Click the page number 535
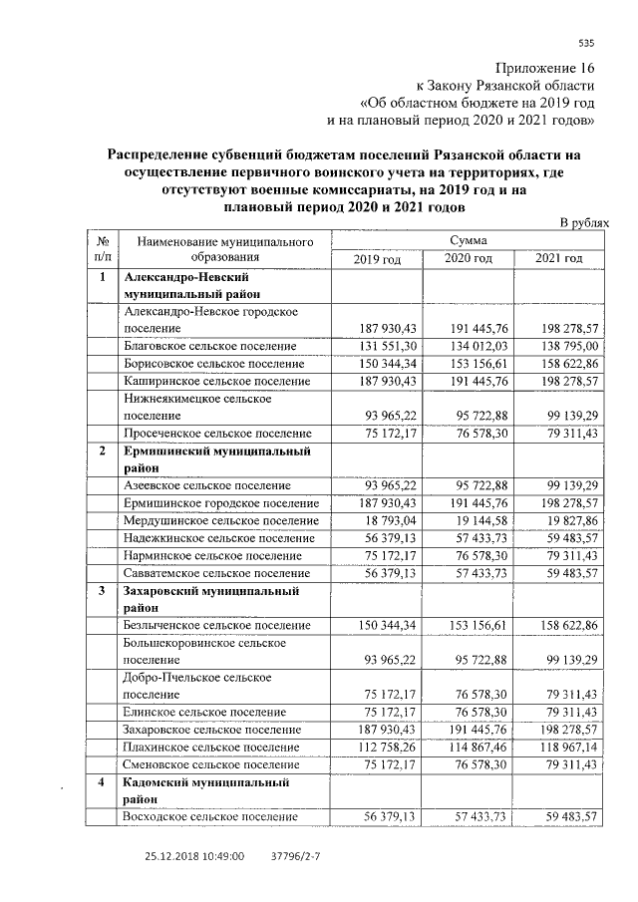(x=586, y=42)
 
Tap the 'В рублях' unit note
(x=583, y=224)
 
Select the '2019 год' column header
(x=377, y=259)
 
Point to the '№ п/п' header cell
(x=102, y=249)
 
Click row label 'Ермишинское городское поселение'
(x=214, y=503)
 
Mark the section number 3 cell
(x=102, y=592)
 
